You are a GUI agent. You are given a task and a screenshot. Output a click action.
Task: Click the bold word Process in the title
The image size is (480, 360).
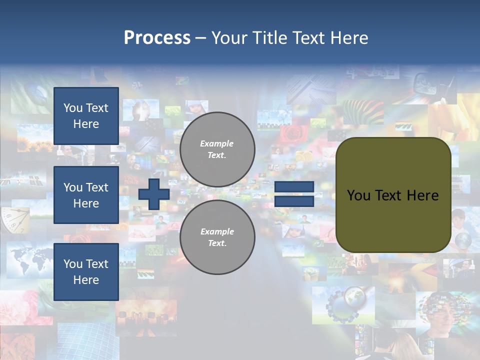157,38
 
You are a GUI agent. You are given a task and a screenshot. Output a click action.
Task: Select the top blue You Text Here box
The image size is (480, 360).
86,116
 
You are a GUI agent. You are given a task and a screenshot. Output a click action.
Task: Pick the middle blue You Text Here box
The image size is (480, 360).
86,195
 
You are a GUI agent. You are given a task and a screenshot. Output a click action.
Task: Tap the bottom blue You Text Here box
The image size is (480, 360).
86,271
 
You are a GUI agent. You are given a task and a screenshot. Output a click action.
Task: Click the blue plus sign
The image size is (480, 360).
154,194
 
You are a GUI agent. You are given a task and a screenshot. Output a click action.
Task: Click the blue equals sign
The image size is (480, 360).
294,194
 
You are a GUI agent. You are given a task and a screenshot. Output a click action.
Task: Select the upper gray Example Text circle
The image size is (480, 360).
217,149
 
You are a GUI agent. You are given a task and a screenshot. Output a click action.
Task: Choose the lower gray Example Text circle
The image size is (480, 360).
217,237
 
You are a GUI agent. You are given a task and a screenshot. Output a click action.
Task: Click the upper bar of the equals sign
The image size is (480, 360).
294,187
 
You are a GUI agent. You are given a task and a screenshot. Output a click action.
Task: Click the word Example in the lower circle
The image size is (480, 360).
217,231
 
